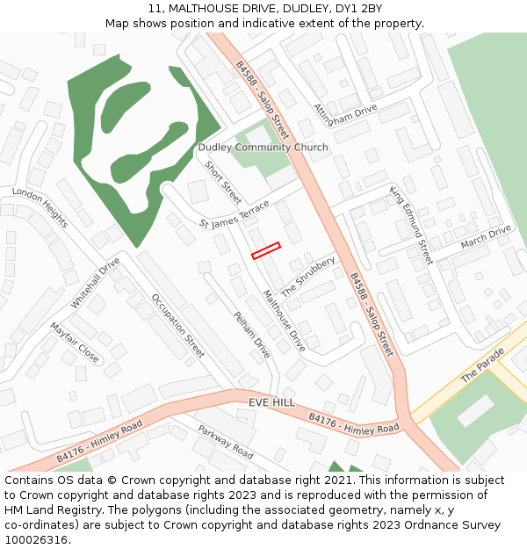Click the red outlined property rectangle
pos(265,250)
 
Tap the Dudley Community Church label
pos(263,148)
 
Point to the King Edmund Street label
pos(412,225)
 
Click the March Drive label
pos(486,236)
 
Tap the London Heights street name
pos(40,207)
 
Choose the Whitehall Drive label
pos(95,282)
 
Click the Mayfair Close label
pos(75,342)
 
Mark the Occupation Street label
pos(177,326)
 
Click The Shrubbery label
pos(308,277)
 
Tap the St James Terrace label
pos(235,214)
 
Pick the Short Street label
pos(223,182)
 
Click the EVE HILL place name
pos(271,401)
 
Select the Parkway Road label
pos(225,442)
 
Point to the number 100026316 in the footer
pos(37,539)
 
